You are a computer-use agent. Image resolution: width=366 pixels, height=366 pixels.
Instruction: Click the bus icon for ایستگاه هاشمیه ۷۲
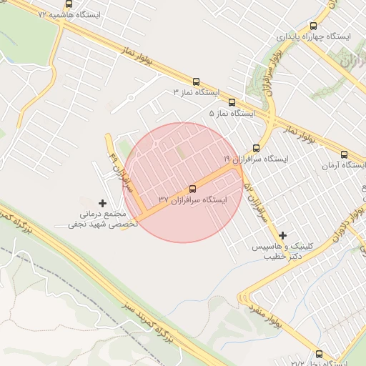pos(69,3)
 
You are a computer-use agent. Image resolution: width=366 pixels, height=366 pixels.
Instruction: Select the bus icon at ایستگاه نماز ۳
pos(197,81)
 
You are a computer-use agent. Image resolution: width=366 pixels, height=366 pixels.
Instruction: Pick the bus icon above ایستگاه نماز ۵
pos(232,102)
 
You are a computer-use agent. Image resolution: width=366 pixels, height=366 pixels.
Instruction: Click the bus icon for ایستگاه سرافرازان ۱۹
pos(256,147)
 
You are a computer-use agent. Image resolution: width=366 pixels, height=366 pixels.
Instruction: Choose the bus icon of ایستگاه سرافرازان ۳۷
pos(192,189)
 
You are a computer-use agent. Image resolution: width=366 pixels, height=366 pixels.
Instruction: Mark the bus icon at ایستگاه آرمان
pos(345,154)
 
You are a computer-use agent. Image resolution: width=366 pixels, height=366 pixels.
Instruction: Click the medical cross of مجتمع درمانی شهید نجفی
pos(102,203)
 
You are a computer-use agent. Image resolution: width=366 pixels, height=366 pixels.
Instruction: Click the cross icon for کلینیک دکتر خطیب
pos(283,234)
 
